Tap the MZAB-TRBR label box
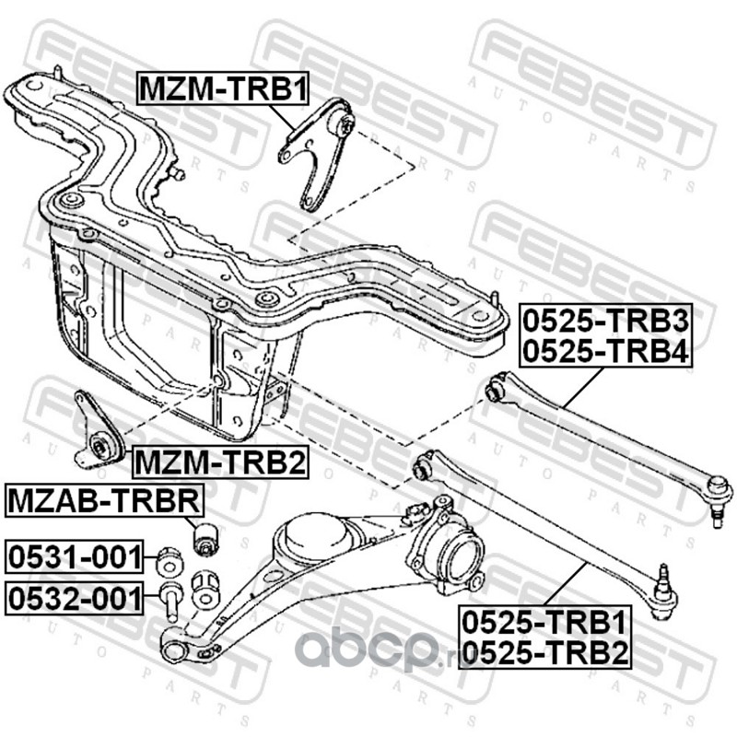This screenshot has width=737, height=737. click(103, 502)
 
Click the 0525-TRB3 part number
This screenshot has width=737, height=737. click(606, 322)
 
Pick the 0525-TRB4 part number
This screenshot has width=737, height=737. click(606, 351)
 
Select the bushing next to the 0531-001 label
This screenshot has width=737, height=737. click(169, 559)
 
